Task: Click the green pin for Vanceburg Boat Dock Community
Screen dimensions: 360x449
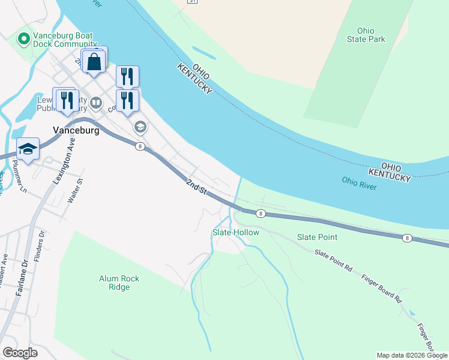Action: pyautogui.click(x=24, y=40)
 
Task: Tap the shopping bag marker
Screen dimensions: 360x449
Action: pyautogui.click(x=94, y=61)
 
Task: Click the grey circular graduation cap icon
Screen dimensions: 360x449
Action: pyautogui.click(x=140, y=126)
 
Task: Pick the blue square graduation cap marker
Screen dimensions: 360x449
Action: pyautogui.click(x=28, y=148)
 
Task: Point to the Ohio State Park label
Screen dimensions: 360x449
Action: pyautogui.click(x=366, y=35)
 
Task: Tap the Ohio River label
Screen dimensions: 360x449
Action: pyautogui.click(x=359, y=183)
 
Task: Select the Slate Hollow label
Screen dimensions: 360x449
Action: pyautogui.click(x=236, y=232)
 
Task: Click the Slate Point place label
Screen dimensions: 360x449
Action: pyautogui.click(x=318, y=237)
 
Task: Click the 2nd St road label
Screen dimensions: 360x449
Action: pyautogui.click(x=196, y=187)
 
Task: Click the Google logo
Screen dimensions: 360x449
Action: pyautogui.click(x=20, y=353)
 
